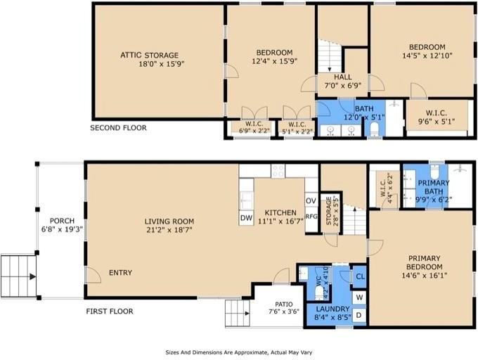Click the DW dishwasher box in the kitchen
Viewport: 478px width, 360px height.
point(246,218)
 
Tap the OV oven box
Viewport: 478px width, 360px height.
point(311,200)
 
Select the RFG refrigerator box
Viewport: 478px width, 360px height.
point(311,216)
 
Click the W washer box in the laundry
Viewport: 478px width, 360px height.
point(359,297)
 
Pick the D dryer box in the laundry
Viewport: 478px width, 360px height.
point(359,315)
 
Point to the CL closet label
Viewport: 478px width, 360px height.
point(360,277)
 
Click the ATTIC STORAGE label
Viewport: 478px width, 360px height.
point(149,55)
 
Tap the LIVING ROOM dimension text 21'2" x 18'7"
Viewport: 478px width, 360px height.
point(169,229)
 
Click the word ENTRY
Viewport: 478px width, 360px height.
point(120,273)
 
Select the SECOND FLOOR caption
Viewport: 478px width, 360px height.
point(118,128)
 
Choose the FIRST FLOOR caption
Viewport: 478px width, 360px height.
point(110,311)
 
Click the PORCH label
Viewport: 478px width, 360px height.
point(62,221)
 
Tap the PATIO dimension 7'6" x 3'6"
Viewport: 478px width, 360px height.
point(284,311)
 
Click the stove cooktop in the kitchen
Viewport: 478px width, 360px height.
point(278,171)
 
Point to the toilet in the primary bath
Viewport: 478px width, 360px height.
point(434,172)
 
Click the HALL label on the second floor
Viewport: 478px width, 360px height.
point(342,77)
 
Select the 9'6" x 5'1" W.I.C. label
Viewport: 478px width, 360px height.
point(436,122)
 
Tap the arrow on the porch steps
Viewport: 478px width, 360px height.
point(32,277)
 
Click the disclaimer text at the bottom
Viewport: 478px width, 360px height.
point(239,352)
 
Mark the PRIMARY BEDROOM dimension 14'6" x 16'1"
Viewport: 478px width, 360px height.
point(425,276)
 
